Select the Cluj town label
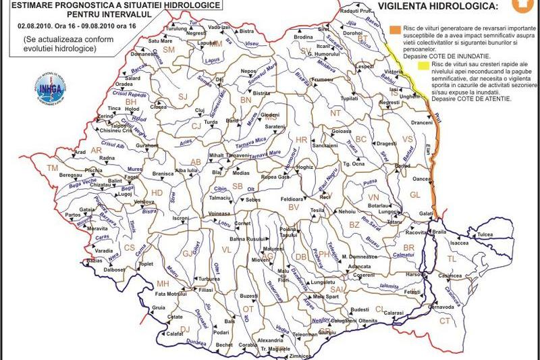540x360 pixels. pos(199,110)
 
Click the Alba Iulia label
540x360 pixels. pos(186,171)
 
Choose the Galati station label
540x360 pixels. pos(426,213)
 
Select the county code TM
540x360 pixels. pos(52,168)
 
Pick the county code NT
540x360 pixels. pos(335,113)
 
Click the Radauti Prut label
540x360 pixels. pos(338,11)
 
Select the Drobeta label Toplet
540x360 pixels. pos(146,264)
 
